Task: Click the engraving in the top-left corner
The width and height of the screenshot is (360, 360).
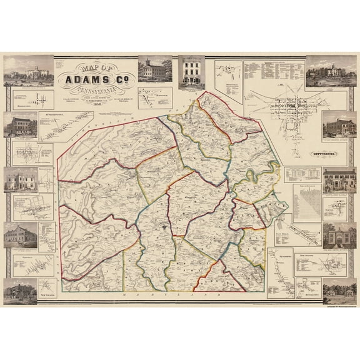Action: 20,70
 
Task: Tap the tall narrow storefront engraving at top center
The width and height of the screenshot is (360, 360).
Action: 191,72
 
